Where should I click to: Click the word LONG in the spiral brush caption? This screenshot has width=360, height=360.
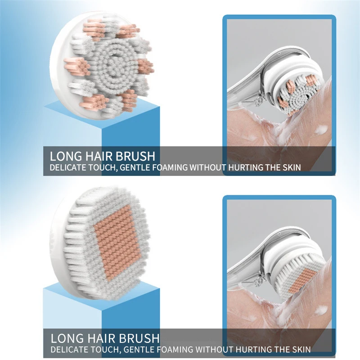pyautogui.click(x=65, y=156)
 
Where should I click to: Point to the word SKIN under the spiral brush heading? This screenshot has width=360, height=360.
pyautogui.click(x=290, y=168)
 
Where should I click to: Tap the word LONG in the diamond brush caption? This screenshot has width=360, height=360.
pyautogui.click(x=65, y=338)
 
